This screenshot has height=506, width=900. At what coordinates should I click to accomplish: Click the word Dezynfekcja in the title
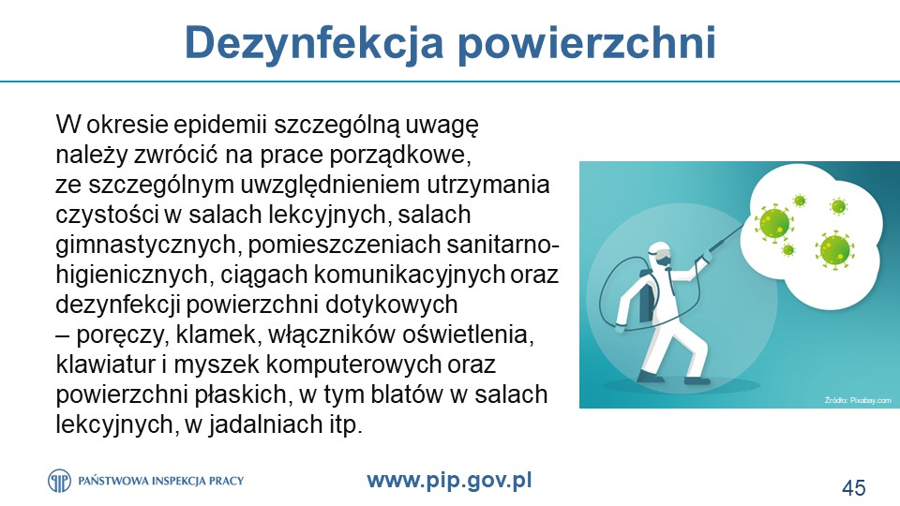click(314, 44)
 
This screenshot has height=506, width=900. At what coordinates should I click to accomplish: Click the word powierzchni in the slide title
click(587, 44)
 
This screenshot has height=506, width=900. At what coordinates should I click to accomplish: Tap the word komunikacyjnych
click(410, 275)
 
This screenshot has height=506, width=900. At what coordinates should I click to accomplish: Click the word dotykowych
click(392, 305)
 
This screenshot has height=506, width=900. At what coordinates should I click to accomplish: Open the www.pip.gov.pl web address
click(449, 481)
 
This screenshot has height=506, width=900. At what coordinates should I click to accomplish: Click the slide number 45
click(853, 487)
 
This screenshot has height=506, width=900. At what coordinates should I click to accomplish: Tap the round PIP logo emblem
click(59, 481)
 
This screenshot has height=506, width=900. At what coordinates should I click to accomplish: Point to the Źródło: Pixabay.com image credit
click(858, 400)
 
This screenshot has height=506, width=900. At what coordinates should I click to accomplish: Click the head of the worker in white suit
click(661, 253)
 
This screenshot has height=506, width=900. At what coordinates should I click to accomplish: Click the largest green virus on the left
click(774, 221)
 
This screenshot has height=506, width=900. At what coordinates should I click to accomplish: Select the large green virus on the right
click(834, 249)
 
